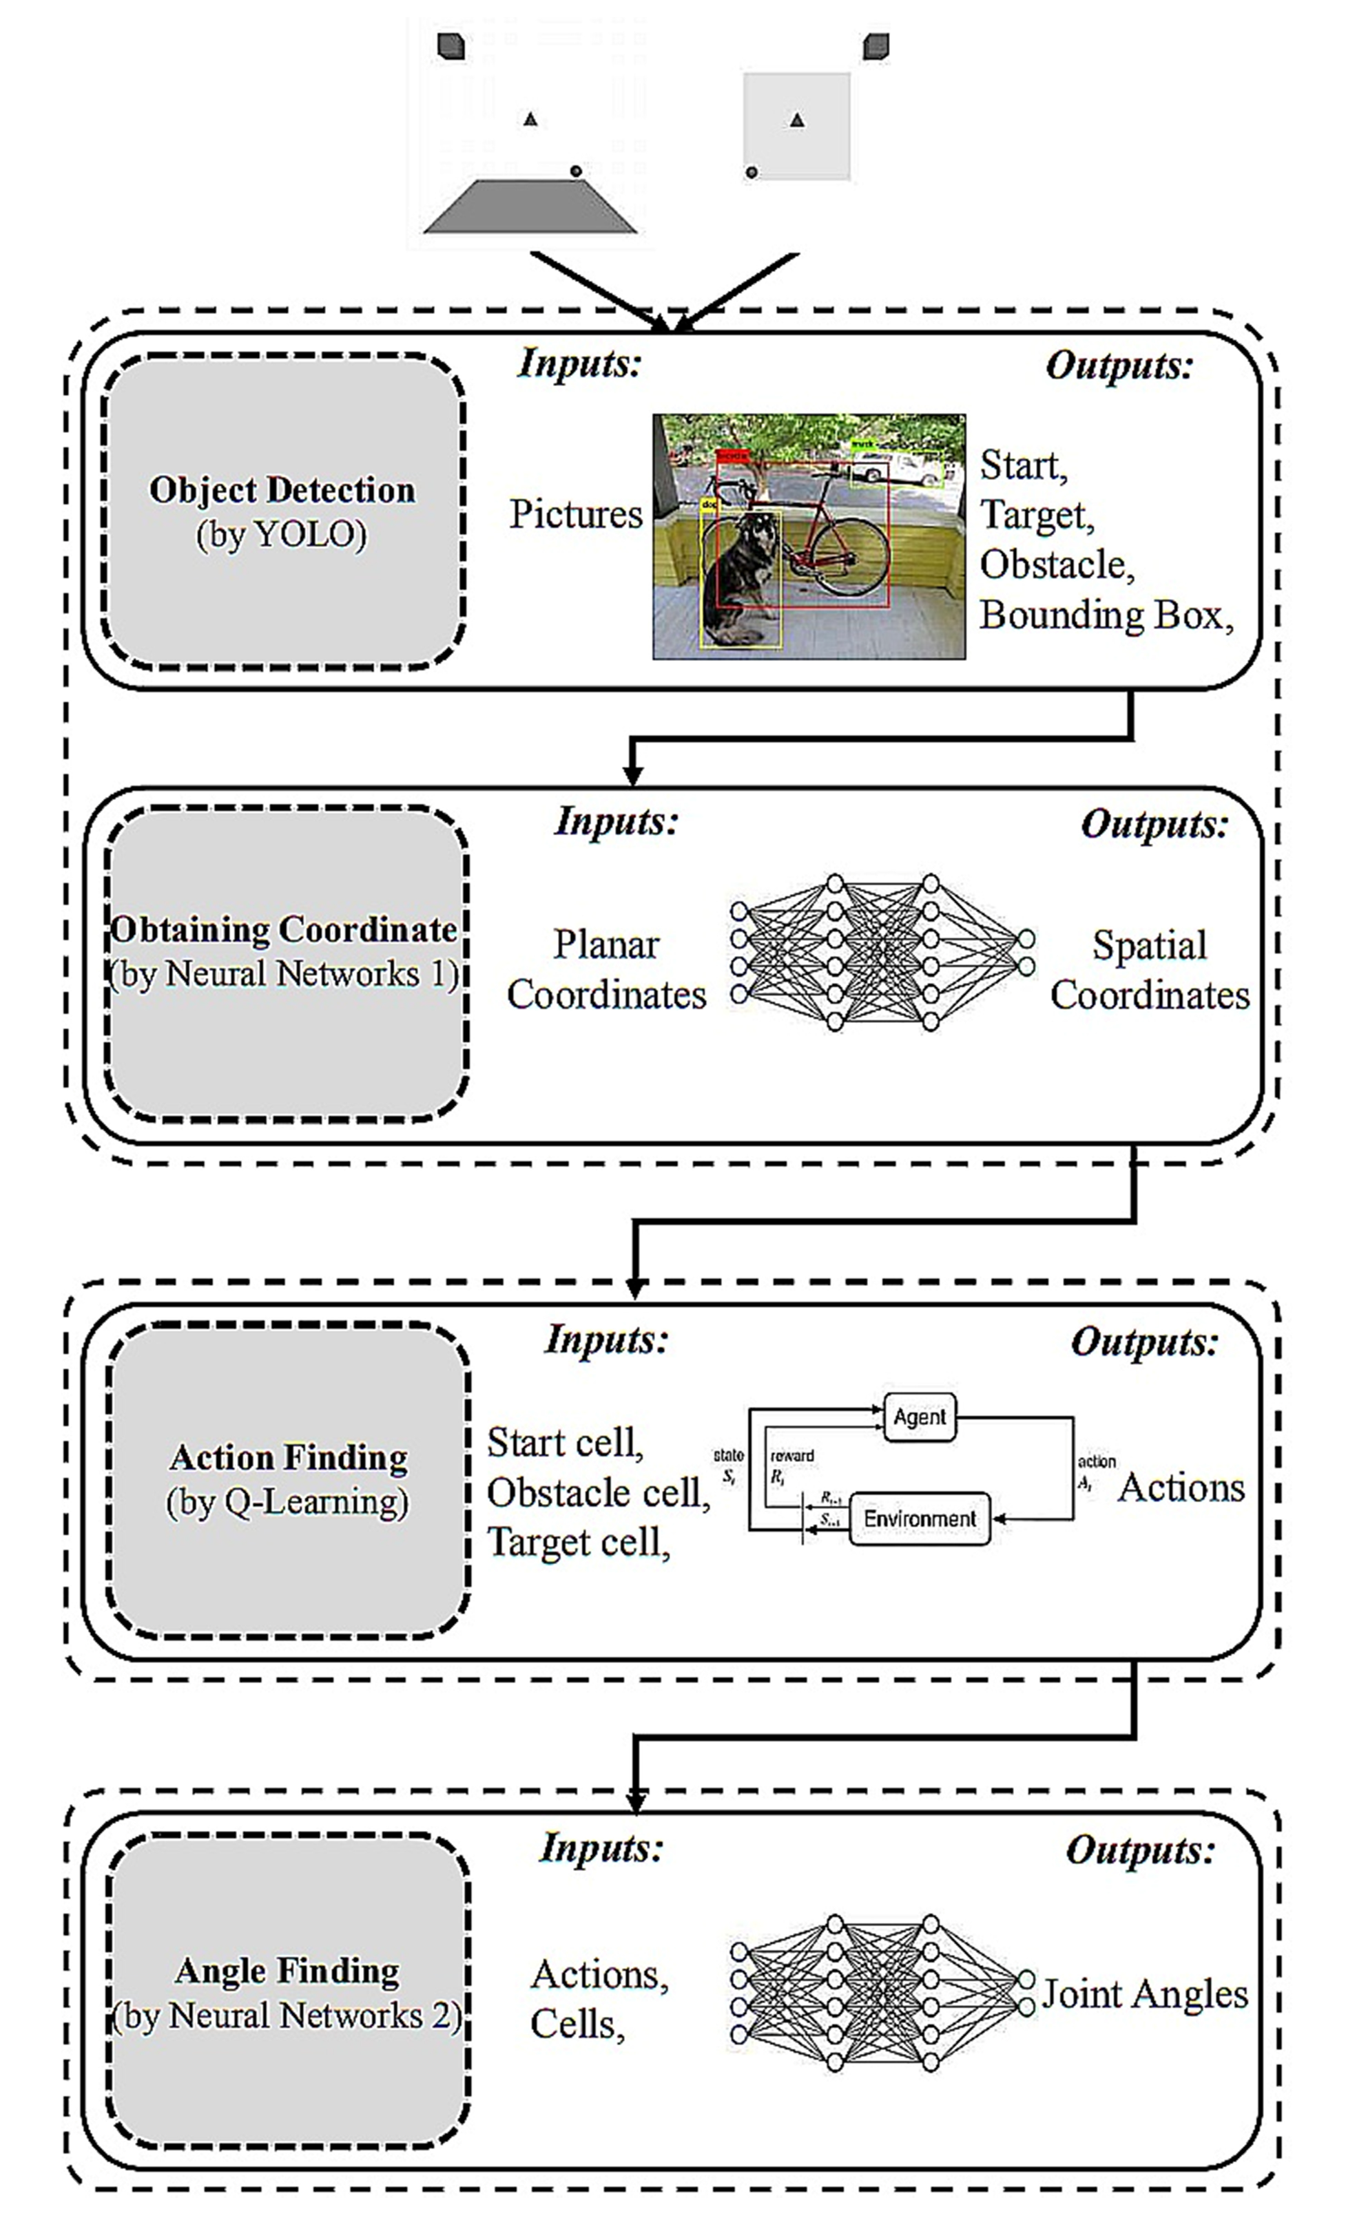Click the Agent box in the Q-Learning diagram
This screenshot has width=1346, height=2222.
pyautogui.click(x=920, y=1417)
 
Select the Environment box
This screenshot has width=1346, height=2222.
pyautogui.click(x=920, y=1519)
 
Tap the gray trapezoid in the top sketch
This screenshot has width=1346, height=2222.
pyautogui.click(x=530, y=207)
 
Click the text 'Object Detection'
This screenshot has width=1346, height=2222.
pyautogui.click(x=282, y=489)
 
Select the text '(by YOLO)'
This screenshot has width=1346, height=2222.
pyautogui.click(x=282, y=535)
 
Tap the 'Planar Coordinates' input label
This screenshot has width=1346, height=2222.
pyautogui.click(x=606, y=969)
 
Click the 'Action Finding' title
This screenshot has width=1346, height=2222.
pyautogui.click(x=289, y=1457)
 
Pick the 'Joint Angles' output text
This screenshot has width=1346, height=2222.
pyautogui.click(x=1145, y=1994)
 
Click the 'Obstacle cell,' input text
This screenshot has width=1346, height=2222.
pyautogui.click(x=598, y=1492)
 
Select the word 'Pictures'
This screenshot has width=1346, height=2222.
pyautogui.click(x=576, y=514)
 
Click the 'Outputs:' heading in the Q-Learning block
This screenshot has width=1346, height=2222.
pyautogui.click(x=1144, y=1342)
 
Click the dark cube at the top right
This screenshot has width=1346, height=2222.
pyautogui.click(x=875, y=46)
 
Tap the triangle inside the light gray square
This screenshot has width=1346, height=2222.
pyautogui.click(x=796, y=119)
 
